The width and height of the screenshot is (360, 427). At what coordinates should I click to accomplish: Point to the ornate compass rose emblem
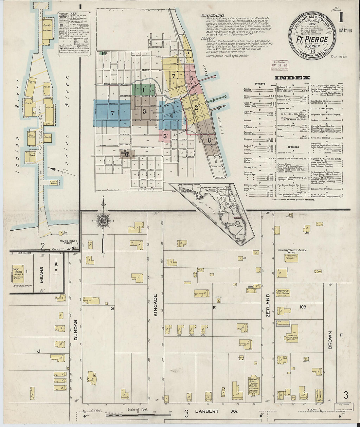point(103,221)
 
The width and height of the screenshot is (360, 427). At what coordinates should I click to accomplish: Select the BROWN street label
point(330,340)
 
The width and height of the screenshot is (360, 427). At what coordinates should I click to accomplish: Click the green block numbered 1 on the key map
point(143,89)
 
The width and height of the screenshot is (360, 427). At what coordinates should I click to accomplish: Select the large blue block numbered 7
point(112,113)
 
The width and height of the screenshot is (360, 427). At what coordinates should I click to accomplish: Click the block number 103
point(302,307)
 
